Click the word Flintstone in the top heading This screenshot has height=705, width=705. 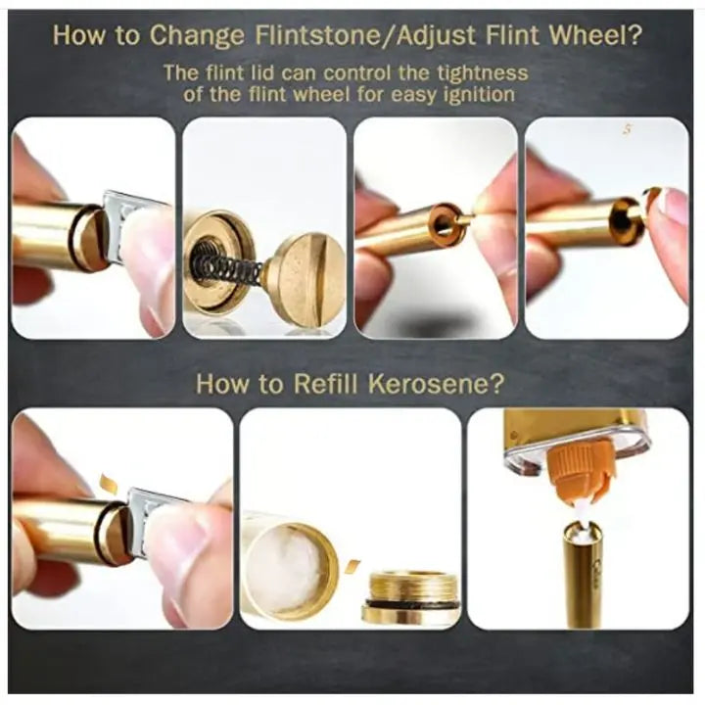point(317,34)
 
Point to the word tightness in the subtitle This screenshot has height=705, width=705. point(484,72)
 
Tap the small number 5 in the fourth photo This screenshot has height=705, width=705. point(628,129)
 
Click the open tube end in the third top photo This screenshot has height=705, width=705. point(446,222)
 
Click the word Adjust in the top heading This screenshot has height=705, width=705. point(436,34)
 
